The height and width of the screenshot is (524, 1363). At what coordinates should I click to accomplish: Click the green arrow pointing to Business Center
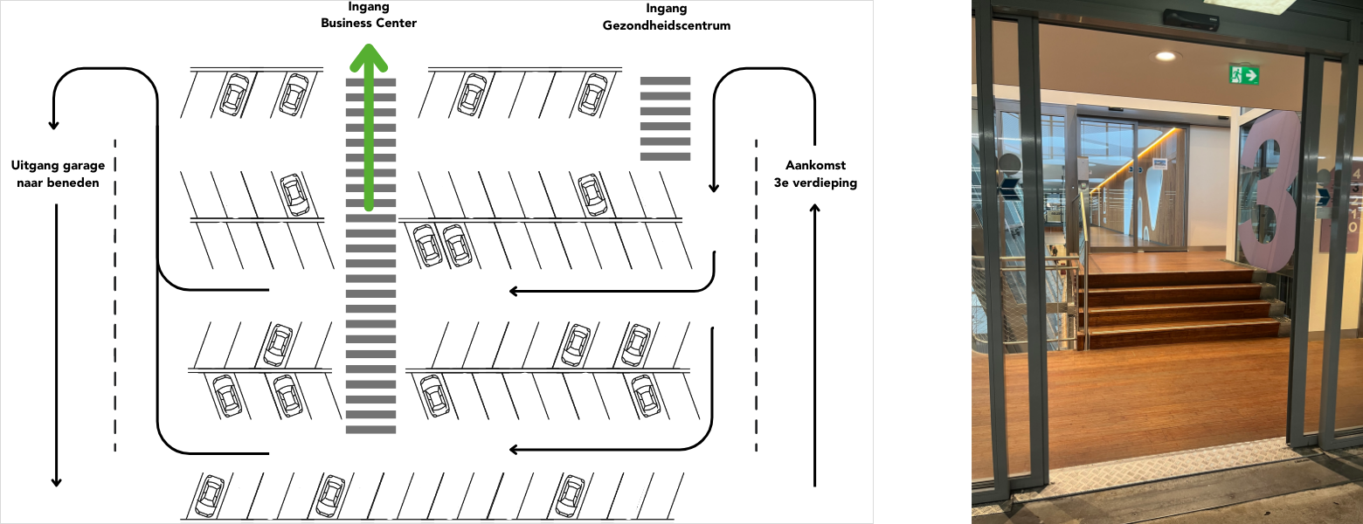[369, 131]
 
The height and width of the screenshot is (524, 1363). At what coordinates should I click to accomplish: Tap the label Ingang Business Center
[369, 15]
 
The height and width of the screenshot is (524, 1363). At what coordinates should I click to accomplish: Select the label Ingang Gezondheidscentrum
[666, 17]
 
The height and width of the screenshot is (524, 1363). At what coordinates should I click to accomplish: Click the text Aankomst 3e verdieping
[815, 174]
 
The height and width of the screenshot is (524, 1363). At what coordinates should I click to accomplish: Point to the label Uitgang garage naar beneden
[57, 174]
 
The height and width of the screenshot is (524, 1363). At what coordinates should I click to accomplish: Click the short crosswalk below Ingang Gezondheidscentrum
[666, 119]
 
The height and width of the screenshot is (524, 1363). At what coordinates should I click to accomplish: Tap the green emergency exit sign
[1243, 75]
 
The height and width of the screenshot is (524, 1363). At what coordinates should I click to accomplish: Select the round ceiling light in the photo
[1165, 56]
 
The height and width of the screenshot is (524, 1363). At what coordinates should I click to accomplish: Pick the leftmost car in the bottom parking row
[210, 495]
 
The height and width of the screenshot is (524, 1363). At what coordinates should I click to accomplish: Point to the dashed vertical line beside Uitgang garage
[115, 297]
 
